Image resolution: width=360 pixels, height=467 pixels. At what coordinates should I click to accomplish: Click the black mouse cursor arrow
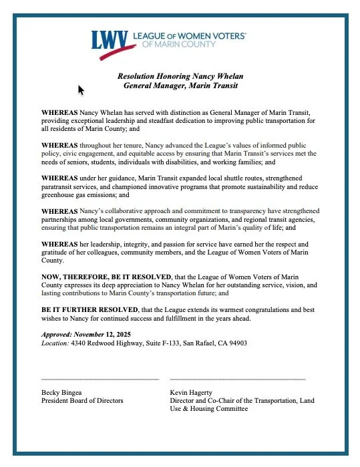[x=81, y=90]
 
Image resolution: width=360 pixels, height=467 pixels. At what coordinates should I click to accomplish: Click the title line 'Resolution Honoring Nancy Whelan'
[x=180, y=77]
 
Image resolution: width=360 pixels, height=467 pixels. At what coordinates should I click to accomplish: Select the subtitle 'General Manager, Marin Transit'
[x=180, y=87]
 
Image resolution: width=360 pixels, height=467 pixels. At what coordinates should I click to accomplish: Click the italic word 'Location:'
[x=55, y=343]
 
